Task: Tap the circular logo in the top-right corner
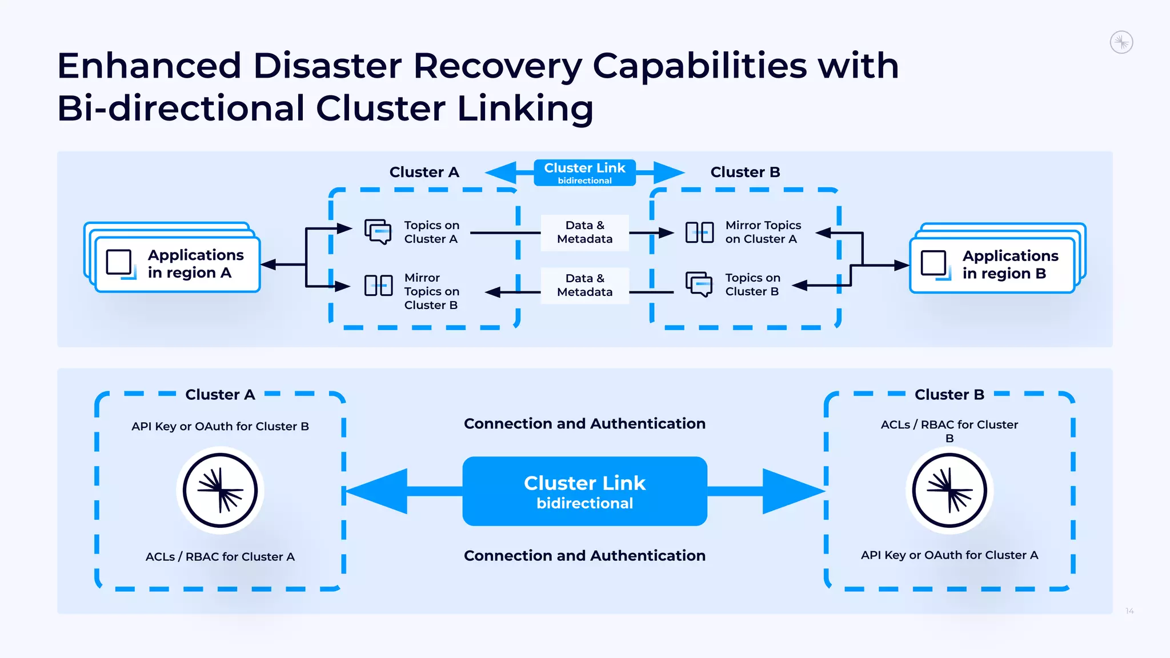pyautogui.click(x=1121, y=42)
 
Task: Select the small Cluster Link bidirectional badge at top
pyautogui.click(x=584, y=172)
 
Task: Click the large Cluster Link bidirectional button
pyautogui.click(x=584, y=491)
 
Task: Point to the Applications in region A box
pyautogui.click(x=178, y=264)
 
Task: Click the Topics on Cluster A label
pyautogui.click(x=431, y=232)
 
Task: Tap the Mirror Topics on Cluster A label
pyautogui.click(x=763, y=232)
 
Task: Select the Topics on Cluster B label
pyautogui.click(x=752, y=284)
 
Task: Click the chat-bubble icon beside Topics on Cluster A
pyautogui.click(x=378, y=231)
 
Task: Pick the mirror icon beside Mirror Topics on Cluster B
pyautogui.click(x=378, y=285)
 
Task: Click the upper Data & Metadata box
pyautogui.click(x=584, y=232)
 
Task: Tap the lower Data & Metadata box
pyautogui.click(x=584, y=285)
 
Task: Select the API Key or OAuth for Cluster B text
pyautogui.click(x=220, y=427)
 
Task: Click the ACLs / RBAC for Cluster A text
pyautogui.click(x=220, y=557)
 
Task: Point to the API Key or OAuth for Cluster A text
pyautogui.click(x=949, y=555)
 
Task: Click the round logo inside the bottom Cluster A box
pyautogui.click(x=220, y=491)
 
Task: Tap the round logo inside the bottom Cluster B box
pyautogui.click(x=949, y=491)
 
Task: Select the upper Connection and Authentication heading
pyautogui.click(x=584, y=424)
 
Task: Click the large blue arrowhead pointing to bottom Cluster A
pyautogui.click(x=379, y=491)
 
